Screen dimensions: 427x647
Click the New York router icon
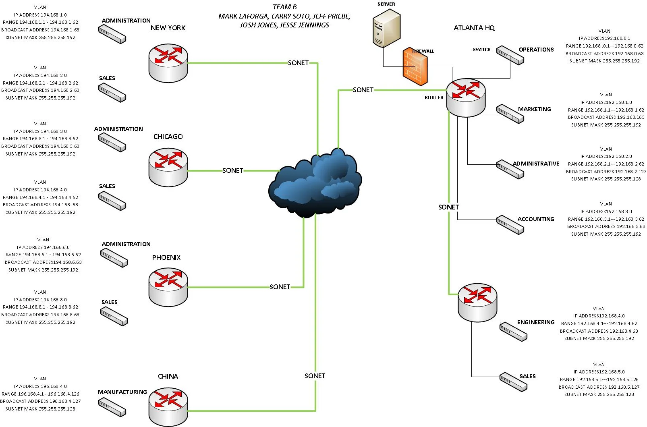pyautogui.click(x=168, y=63)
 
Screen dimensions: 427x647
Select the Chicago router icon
pyautogui.click(x=168, y=167)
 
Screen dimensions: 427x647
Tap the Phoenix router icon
pyautogui.click(x=168, y=287)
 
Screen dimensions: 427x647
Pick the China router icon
pyautogui.click(x=168, y=406)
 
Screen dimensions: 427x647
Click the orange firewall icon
pyautogui.click(x=415, y=67)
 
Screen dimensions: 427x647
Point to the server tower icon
pyautogui.click(x=386, y=29)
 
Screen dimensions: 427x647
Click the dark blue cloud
pyautogui.click(x=315, y=184)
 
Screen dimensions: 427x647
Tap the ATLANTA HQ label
pyautogui.click(x=474, y=28)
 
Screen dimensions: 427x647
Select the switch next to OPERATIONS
pyautogui.click(x=510, y=55)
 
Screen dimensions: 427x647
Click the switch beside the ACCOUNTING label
pyautogui.click(x=510, y=225)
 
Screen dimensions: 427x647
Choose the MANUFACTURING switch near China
pyautogui.click(x=112, y=407)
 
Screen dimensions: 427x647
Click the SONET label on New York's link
pyautogui.click(x=298, y=63)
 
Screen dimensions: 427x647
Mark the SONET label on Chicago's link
pyautogui.click(x=232, y=170)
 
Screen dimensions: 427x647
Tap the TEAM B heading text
pyautogui.click(x=284, y=7)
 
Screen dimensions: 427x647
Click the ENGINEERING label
pyautogui.click(x=535, y=322)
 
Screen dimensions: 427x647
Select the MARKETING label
pyautogui.click(x=534, y=109)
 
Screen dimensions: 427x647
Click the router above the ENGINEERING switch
pyautogui.click(x=477, y=302)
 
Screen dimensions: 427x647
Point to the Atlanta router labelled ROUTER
pyautogui.click(x=466, y=97)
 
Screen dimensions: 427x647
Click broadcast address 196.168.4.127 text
pyautogui.click(x=40, y=401)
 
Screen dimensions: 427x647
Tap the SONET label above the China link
pyautogui.click(x=315, y=376)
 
